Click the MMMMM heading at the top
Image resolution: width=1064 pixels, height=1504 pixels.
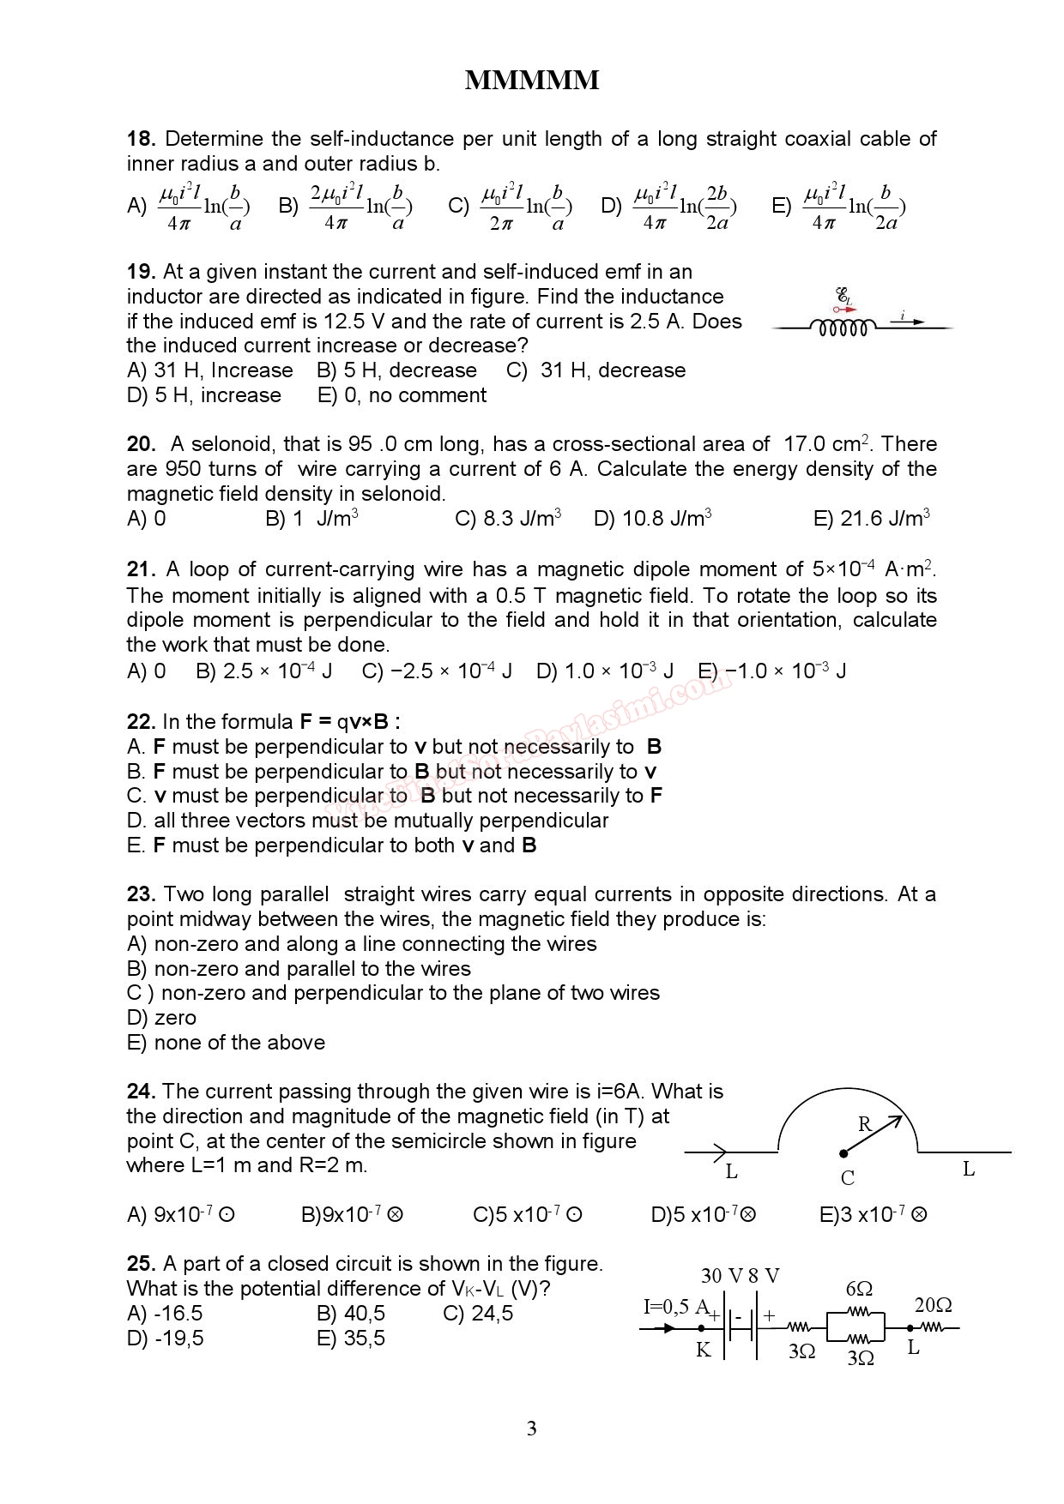click(531, 81)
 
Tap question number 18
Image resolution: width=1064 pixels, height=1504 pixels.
click(141, 139)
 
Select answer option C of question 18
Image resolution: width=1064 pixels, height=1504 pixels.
click(510, 207)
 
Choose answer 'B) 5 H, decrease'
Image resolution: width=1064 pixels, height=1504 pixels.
click(396, 370)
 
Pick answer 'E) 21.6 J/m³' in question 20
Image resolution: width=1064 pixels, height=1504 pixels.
click(871, 519)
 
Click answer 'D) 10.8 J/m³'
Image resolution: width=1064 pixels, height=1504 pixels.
click(652, 519)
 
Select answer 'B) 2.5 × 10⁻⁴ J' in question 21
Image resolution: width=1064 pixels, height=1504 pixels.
click(263, 671)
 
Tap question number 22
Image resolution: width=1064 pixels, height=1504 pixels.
click(141, 722)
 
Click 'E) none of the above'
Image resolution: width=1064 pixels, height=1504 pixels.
click(226, 1043)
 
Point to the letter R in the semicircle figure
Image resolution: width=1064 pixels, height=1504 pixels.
click(865, 1124)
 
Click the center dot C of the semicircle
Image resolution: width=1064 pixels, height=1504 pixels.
click(843, 1154)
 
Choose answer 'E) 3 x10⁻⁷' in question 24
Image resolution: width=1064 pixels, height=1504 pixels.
click(873, 1215)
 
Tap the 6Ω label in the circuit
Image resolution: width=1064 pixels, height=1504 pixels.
click(859, 1289)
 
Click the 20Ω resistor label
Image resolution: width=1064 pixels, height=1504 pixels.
click(933, 1305)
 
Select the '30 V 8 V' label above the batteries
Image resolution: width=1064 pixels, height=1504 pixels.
click(740, 1276)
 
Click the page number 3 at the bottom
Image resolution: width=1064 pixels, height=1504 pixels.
click(531, 1429)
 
